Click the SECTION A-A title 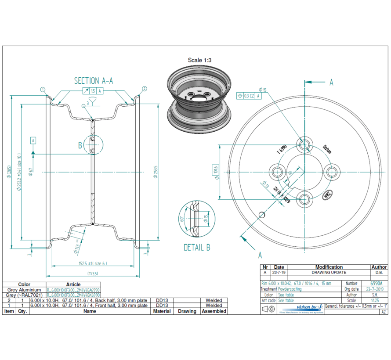click(93, 81)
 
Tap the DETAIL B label click(196, 248)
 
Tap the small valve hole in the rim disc click(262, 214)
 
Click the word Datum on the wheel click(327, 149)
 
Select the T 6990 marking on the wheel click(281, 148)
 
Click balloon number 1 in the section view click(43, 89)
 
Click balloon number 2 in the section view click(144, 89)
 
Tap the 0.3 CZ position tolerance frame click(250, 95)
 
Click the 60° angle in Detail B click(181, 218)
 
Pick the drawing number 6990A click(377, 284)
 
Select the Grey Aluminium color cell click(24, 290)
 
